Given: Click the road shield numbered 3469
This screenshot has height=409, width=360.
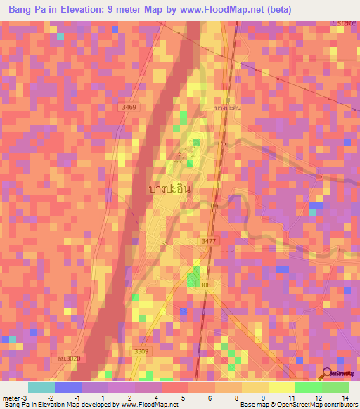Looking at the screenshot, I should (128, 107).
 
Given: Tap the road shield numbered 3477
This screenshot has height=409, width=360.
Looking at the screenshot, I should (209, 241).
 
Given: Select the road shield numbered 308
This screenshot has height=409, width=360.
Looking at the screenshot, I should (205, 285).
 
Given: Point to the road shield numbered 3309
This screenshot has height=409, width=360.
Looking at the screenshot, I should (141, 351).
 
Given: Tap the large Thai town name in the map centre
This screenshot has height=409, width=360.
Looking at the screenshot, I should (171, 189).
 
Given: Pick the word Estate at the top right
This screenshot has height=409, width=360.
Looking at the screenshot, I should (345, 23).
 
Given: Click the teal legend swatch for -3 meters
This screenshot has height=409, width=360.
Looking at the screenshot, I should (41, 387).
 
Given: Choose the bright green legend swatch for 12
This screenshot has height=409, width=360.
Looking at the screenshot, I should (309, 387).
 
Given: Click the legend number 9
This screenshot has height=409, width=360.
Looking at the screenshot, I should (262, 398).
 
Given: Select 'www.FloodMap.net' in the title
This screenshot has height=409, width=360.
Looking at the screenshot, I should (219, 9).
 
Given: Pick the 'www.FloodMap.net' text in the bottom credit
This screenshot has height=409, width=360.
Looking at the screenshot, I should (149, 405).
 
